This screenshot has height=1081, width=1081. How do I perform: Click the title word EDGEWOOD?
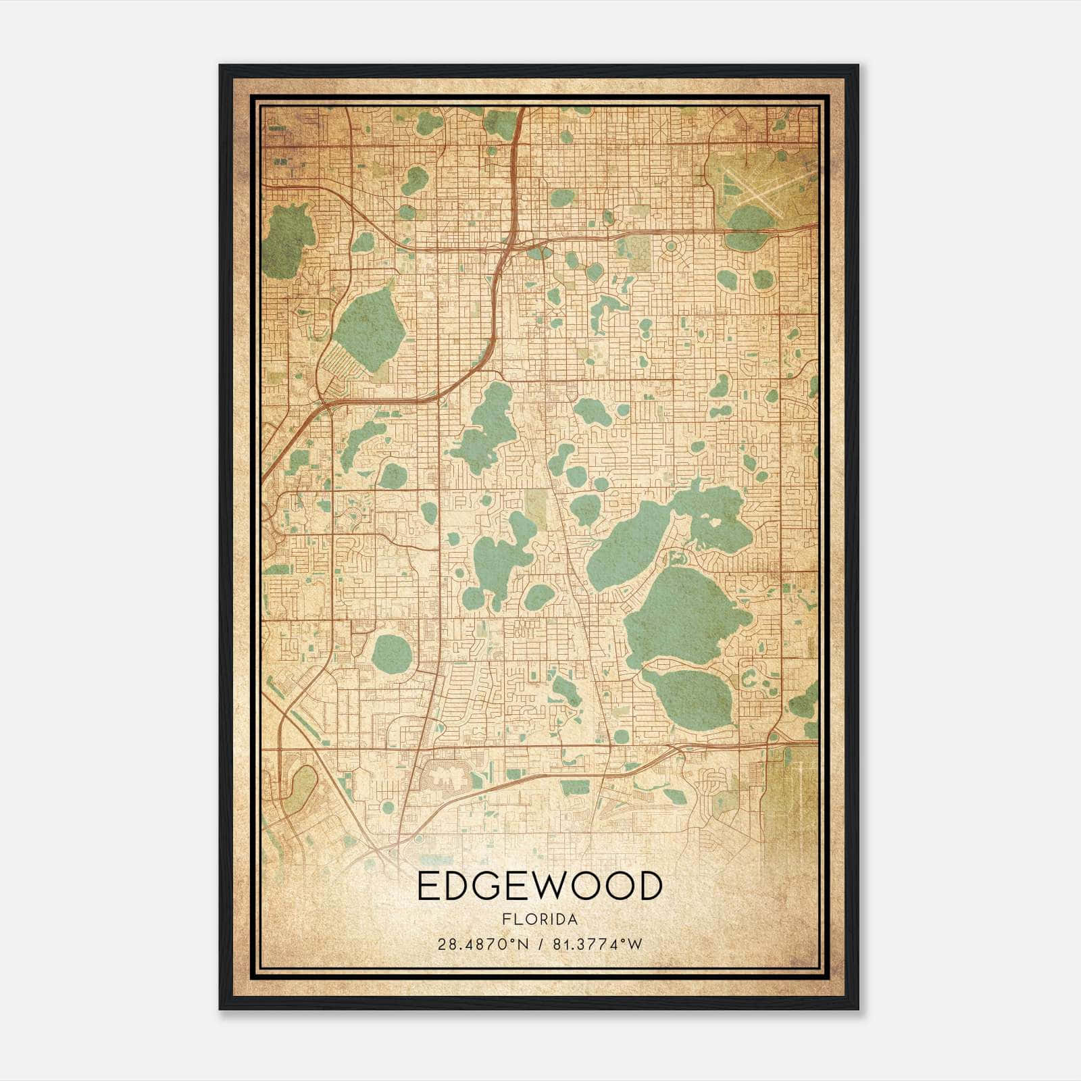(539, 886)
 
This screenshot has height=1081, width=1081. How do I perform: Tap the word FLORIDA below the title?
(539, 920)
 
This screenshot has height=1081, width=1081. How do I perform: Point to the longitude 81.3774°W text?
(597, 945)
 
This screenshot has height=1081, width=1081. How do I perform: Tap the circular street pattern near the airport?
(671, 247)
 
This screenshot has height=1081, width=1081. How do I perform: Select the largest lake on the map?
(686, 615)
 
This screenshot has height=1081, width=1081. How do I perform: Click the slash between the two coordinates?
(540, 945)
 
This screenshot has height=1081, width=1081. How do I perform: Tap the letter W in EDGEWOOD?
(557, 886)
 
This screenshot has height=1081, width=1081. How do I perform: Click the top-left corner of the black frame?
(220, 66)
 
